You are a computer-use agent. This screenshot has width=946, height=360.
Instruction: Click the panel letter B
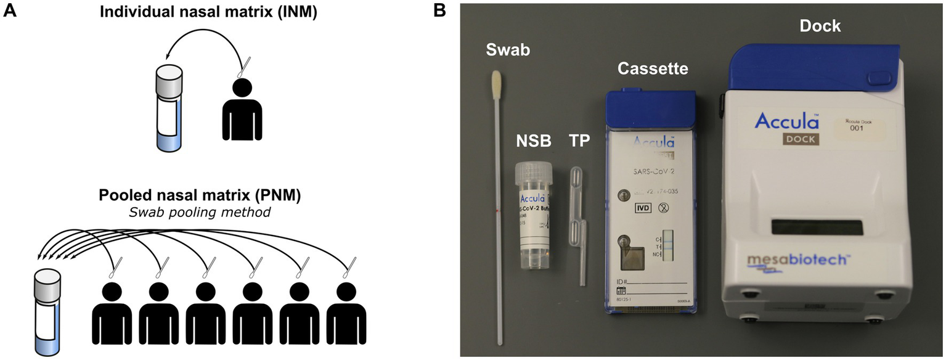coord(441,10)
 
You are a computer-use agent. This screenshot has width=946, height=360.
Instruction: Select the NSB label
coord(533,141)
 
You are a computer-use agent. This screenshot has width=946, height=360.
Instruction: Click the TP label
coord(580,141)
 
